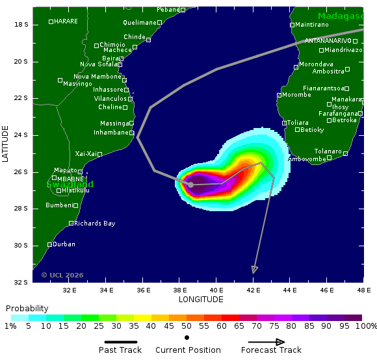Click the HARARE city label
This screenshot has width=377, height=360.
point(66,21)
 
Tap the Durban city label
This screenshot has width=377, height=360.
point(64,244)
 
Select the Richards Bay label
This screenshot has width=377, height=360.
point(94,224)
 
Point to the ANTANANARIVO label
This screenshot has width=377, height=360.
point(328,41)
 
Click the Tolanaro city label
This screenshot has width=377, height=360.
point(328,151)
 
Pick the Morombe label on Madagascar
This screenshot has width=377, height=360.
point(296,95)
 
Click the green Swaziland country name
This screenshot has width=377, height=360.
point(70,185)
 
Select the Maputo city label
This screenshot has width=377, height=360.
point(65,170)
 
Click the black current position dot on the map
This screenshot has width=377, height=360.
point(190,185)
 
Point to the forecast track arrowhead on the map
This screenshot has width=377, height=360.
point(255,270)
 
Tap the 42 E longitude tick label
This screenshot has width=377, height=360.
point(254,290)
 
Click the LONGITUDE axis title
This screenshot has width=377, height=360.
point(201,300)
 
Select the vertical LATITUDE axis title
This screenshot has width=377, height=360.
point(6,144)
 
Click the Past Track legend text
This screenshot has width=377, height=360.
point(120,350)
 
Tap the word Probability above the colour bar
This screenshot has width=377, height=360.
point(27,308)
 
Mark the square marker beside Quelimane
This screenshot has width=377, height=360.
point(159,22)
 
